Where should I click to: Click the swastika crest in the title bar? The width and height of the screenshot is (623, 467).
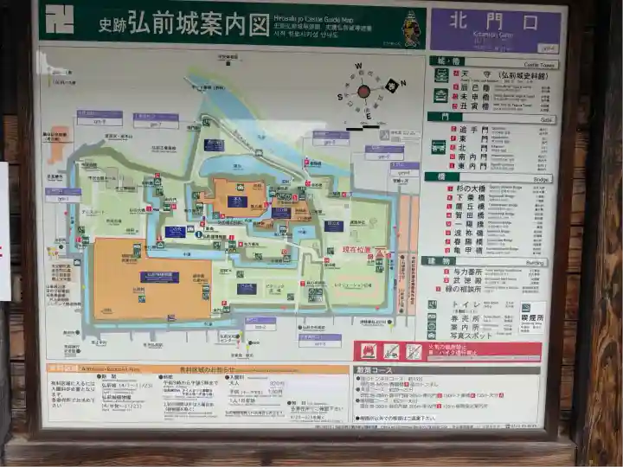pos(60,19)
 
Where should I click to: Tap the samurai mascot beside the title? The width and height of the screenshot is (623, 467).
pos(412,29)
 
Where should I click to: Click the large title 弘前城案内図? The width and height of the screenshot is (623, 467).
pos(200,23)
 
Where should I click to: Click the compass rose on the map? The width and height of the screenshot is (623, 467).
pos(364,91)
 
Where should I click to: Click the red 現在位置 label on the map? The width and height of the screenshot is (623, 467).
pos(356,249)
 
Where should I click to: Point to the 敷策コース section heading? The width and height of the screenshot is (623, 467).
pos(376,370)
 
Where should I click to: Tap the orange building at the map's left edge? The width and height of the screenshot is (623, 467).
pos(58,143)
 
